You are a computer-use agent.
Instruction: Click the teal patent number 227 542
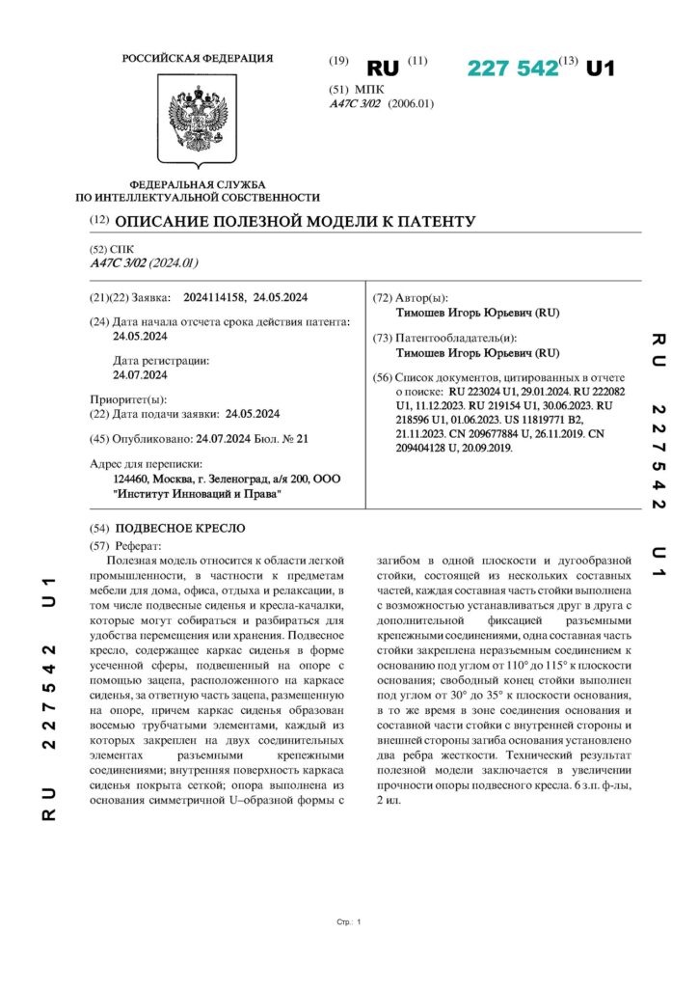[513, 68]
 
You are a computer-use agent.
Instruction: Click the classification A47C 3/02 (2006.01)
[382, 104]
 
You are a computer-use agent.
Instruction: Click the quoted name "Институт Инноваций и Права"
[197, 494]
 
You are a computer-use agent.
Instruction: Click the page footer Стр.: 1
[349, 923]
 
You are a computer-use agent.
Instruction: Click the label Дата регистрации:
[161, 360]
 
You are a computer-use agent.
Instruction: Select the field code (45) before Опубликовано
[98, 439]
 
